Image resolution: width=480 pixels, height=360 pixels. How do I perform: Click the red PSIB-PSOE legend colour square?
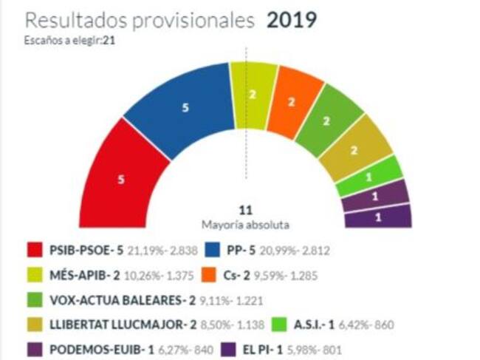[x=38, y=251]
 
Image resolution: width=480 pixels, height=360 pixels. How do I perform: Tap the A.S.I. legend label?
[x=302, y=325]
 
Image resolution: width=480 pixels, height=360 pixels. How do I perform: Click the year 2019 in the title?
[x=292, y=20]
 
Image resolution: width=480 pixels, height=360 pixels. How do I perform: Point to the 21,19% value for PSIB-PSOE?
[x=143, y=251]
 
